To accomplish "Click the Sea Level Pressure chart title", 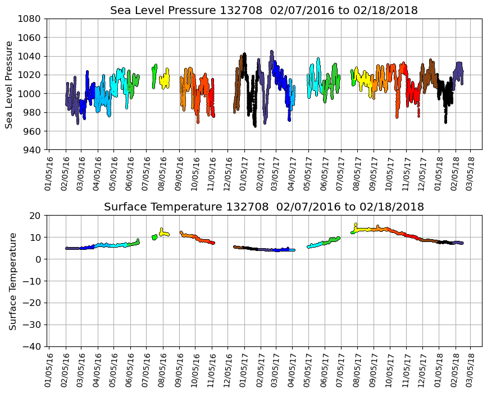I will point(263,11).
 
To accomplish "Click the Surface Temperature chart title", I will point(263,207).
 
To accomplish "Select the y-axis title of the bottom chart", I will point(12,281).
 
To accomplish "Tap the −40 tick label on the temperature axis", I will point(31,346).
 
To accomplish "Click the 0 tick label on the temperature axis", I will point(38,259).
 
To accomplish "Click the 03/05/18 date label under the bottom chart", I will point(471,367).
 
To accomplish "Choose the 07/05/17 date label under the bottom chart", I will point(341,367).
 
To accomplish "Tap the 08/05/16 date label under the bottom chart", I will point(163,367).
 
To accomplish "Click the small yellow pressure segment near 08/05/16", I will point(164,80).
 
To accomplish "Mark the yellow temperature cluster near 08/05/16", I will point(164,233).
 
